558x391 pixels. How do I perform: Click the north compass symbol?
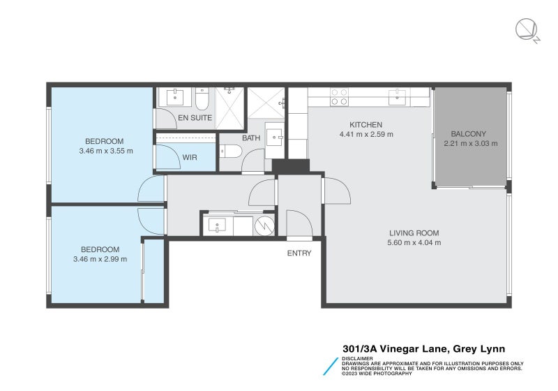coord(526,30)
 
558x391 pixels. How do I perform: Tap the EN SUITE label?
coord(195,118)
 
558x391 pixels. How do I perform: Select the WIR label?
coord(190,158)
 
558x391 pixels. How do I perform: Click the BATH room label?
coord(251,138)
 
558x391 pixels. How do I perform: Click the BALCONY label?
coord(469,134)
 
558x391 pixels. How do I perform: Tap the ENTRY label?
coord(299,253)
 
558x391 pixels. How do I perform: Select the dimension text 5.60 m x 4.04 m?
coord(414,243)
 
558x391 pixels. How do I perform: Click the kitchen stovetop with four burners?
coord(340,96)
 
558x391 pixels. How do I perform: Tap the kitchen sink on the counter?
coord(401,96)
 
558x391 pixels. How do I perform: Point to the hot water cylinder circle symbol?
coord(264,226)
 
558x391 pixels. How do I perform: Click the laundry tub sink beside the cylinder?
coord(218,226)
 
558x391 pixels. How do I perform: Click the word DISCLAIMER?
coord(357,359)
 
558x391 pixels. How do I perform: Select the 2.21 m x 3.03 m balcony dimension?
coord(471,144)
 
